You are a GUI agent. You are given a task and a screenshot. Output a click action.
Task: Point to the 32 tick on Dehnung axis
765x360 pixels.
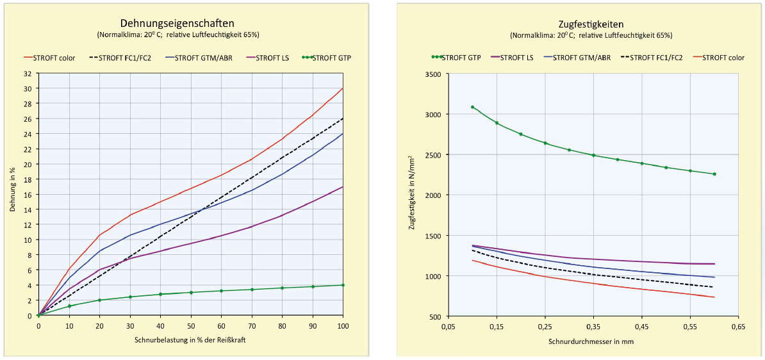pos(28,73)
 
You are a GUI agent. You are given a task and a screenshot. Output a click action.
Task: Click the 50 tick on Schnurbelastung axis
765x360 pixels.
pos(191,326)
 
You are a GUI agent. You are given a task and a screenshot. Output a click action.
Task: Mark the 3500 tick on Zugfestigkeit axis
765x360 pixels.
pos(433,74)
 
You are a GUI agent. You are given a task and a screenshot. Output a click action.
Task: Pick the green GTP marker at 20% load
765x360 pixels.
pos(99,300)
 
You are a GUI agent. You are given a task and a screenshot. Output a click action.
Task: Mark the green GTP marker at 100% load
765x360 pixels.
pos(343,285)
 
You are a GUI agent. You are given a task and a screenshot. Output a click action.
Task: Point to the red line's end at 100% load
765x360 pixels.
pos(343,88)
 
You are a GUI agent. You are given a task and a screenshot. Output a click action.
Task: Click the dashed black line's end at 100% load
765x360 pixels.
pos(343,119)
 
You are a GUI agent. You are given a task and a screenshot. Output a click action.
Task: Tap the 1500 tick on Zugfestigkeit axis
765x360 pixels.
pos(433,236)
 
